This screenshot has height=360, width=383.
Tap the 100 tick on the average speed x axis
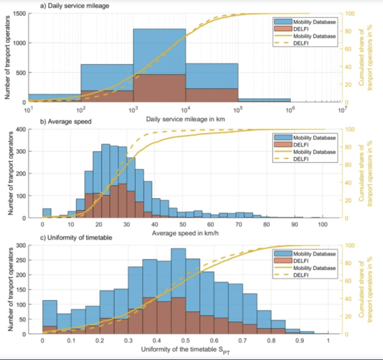tap(322, 225)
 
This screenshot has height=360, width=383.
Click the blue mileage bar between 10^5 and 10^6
tap(264, 101)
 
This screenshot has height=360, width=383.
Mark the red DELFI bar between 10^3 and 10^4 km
tap(159, 88)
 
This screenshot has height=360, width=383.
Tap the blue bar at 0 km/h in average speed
tap(46, 213)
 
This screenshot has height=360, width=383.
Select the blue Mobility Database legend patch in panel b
tap(282, 137)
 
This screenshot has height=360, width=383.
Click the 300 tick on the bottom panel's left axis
tap(19, 245)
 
